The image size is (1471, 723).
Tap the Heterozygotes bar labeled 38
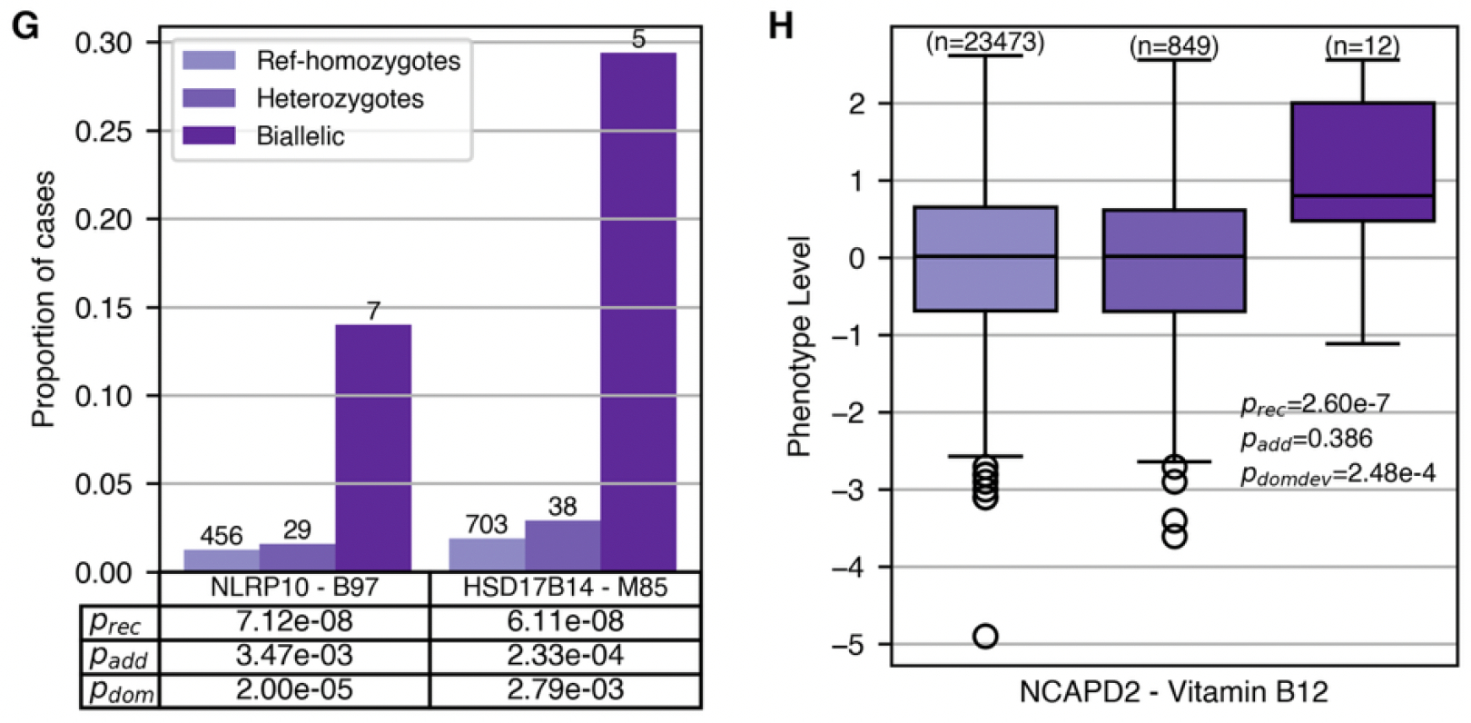[562, 546]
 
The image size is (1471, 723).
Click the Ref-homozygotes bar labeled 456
[222, 560]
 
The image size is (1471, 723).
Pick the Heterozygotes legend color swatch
[209, 98]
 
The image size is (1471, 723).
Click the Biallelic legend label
[301, 136]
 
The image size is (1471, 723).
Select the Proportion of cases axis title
[43, 300]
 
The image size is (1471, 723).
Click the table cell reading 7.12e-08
[293, 621]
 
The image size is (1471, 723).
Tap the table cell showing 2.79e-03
[565, 690]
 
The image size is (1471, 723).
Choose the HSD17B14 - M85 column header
[565, 587]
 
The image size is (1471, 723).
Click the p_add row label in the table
[118, 656]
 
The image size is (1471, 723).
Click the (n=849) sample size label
[1173, 45]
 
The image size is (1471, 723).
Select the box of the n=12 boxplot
[1362, 162]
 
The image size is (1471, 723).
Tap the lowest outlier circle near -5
[985, 636]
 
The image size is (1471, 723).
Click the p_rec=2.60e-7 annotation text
[1315, 405]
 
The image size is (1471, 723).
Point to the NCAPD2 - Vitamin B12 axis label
[1173, 692]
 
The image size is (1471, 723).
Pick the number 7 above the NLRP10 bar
[373, 312]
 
